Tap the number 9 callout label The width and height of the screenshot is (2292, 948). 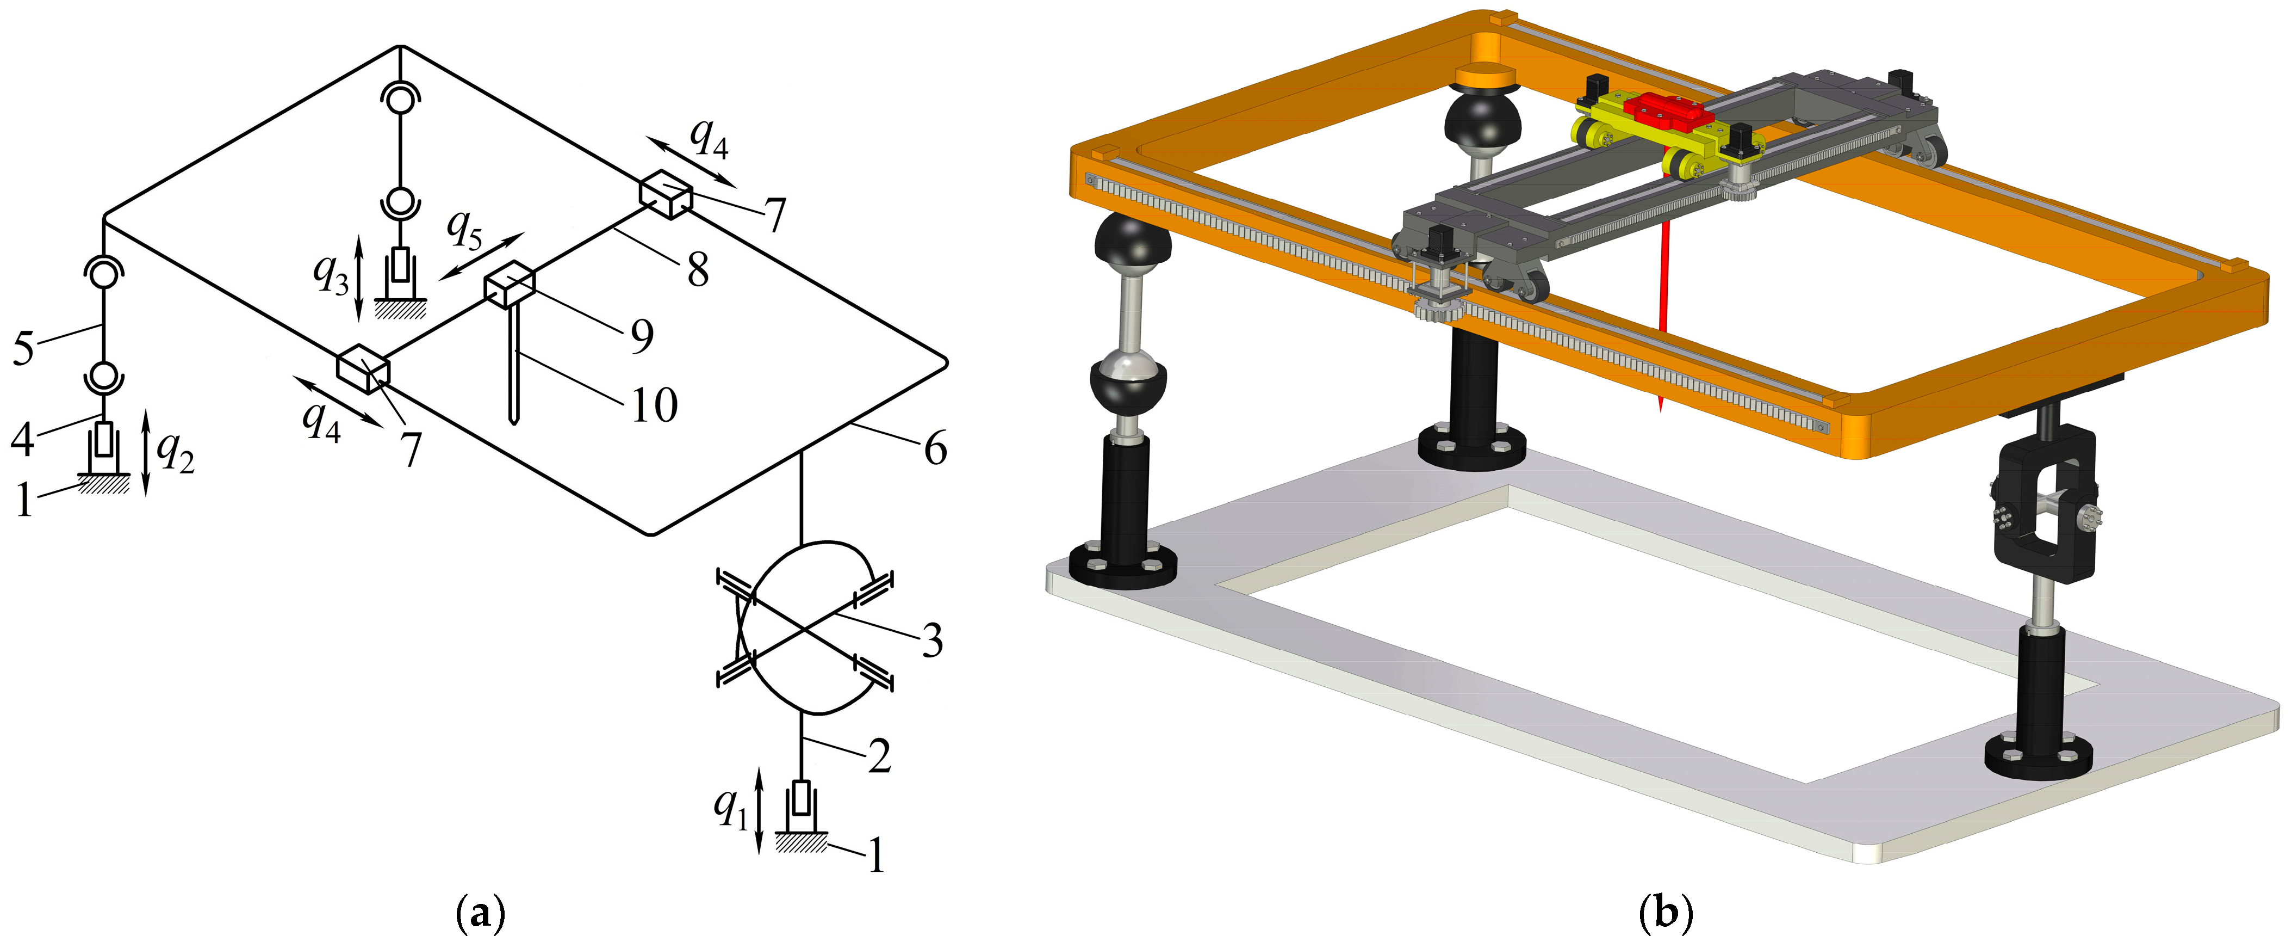pos(642,336)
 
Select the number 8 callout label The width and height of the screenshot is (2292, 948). pos(698,269)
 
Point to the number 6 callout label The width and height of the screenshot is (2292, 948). pos(935,448)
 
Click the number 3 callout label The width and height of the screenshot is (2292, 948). pos(931,641)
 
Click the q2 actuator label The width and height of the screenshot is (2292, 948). pos(175,453)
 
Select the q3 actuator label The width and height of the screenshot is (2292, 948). pos(331,274)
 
